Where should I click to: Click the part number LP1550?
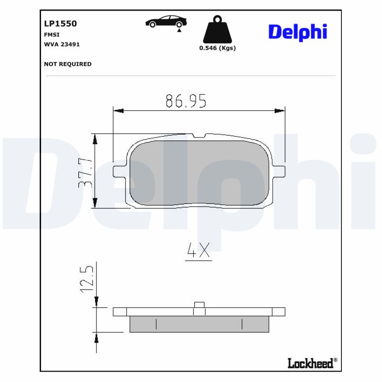point(60,23)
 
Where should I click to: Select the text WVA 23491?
point(62,44)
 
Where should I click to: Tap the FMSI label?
point(51,34)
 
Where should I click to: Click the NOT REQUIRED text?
point(67,64)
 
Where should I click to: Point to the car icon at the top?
point(166,22)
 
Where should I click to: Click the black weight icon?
point(217,30)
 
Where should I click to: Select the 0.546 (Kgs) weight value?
point(217,48)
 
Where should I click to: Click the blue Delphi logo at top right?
point(297,32)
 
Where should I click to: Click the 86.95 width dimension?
point(186,101)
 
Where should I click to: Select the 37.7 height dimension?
point(85,172)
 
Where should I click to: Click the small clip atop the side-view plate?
point(199,305)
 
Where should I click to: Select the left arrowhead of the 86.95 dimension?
point(118,111)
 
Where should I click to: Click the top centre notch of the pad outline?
point(199,136)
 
